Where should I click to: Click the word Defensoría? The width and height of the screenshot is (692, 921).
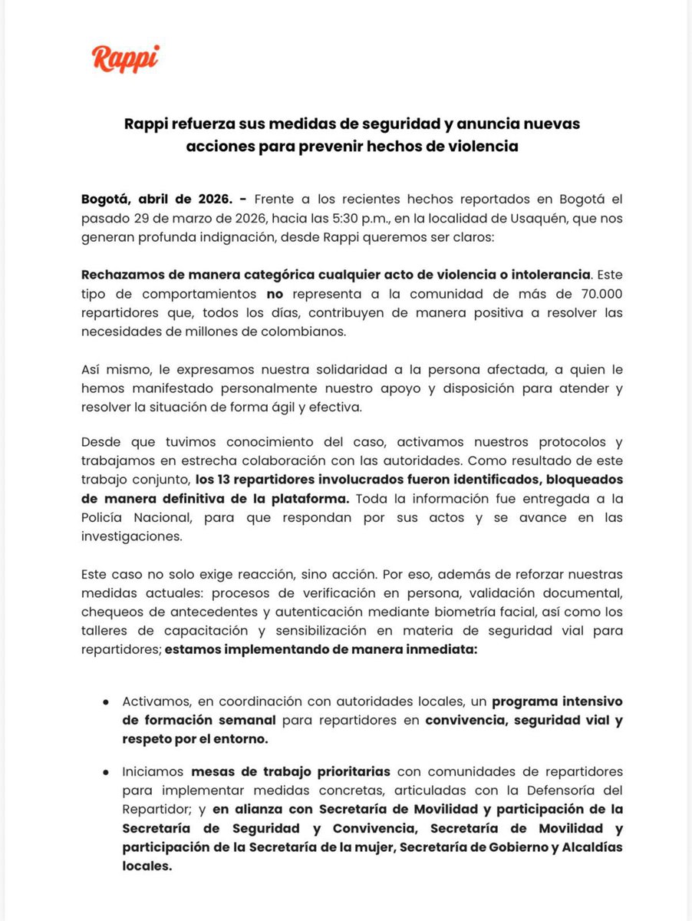566,791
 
